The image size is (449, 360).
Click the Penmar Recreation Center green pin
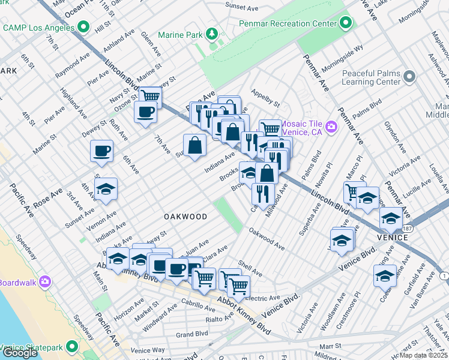346,24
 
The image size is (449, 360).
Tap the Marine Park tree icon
211,34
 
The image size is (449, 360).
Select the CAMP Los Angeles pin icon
83,28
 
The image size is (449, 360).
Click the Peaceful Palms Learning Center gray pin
409,77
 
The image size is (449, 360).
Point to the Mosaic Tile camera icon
331,127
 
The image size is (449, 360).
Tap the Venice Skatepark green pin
72,347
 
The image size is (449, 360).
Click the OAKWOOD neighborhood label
185,217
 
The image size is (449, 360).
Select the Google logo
19,353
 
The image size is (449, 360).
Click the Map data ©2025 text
424,355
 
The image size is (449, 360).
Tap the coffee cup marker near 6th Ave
101,151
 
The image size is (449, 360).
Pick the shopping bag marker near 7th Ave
194,145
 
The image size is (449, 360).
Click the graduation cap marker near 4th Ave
106,188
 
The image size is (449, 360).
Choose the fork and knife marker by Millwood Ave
262,193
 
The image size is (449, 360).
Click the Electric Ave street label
262,298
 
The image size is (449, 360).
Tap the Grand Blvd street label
192,334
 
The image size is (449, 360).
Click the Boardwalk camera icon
46,282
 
